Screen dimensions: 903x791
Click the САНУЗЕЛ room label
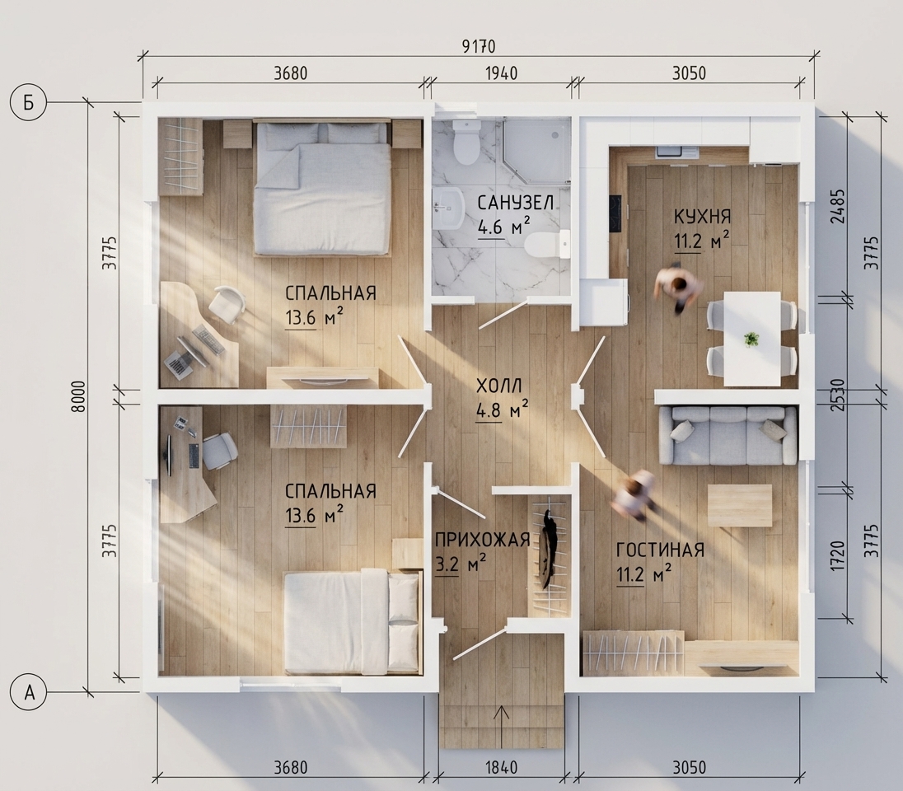point(516,203)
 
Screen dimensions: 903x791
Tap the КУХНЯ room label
point(702,217)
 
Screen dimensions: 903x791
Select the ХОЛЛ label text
point(498,386)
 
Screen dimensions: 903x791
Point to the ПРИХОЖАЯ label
point(482,540)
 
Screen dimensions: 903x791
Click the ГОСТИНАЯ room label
point(660,550)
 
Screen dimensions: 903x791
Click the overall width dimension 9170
point(479,46)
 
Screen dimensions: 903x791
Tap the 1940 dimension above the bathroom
point(502,73)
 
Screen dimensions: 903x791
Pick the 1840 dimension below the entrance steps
point(502,768)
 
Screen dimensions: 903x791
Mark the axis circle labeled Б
point(28,102)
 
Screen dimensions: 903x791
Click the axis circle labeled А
point(29,693)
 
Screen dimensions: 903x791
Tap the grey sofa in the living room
point(728,435)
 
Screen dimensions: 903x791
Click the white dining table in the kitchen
point(751,339)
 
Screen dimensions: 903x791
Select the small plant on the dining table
point(751,339)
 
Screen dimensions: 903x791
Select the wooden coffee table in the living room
point(739,505)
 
